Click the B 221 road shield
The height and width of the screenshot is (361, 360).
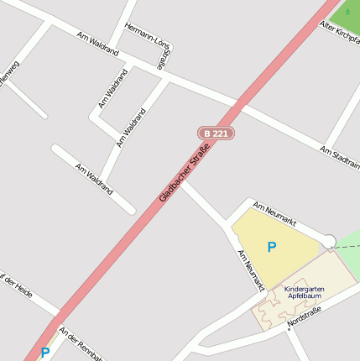[x=216, y=133]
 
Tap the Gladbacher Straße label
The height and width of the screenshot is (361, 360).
[x=184, y=174]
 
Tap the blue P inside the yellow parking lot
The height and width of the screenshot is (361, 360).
[x=271, y=247]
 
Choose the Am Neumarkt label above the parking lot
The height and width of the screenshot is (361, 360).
[x=274, y=213]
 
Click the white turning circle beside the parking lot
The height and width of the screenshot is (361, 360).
[x=329, y=241]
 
